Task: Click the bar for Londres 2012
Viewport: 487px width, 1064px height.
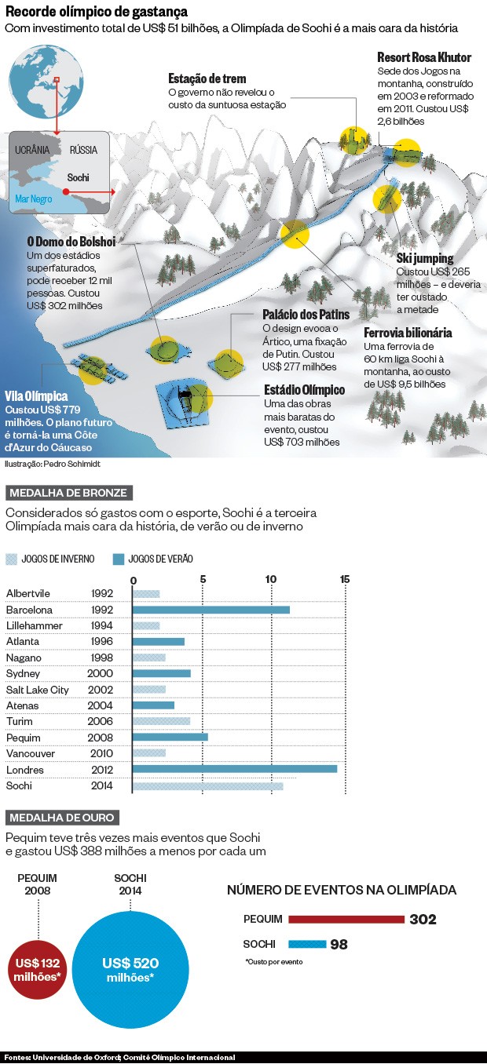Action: [235, 769]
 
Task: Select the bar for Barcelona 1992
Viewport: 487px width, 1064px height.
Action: [211, 610]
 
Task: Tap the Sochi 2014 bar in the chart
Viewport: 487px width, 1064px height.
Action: [208, 785]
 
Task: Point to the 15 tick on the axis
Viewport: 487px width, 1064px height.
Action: [345, 579]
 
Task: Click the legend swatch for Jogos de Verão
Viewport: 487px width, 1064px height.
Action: [119, 559]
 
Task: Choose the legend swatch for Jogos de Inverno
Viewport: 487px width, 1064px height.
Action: [11, 559]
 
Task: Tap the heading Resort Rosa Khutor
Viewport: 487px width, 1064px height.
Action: [424, 58]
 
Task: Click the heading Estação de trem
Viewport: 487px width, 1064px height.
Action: [207, 78]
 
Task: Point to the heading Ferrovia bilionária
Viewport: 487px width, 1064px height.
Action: [408, 333]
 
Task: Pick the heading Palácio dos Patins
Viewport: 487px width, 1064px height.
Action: [306, 315]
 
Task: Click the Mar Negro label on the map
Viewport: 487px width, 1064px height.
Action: [34, 199]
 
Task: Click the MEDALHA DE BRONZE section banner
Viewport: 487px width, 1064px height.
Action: [68, 493]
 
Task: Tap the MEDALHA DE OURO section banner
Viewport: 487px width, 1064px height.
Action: [63, 817]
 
